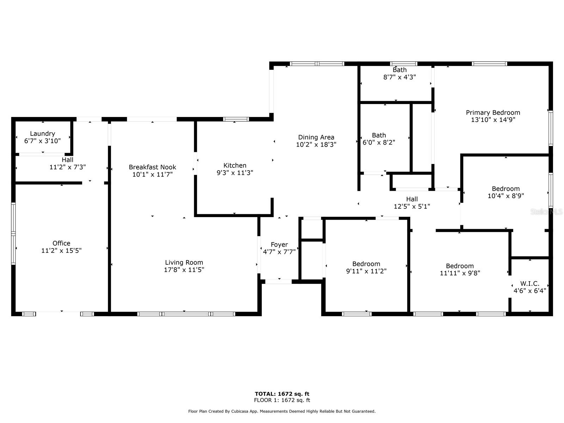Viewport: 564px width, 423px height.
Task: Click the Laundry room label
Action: pyautogui.click(x=42, y=134)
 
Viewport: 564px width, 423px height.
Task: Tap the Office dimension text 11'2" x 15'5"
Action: pyautogui.click(x=61, y=251)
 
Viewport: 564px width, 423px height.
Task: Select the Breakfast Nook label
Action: pyautogui.click(x=152, y=167)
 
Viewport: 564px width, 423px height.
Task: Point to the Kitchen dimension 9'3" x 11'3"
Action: pyautogui.click(x=235, y=173)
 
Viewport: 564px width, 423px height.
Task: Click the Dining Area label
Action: pyautogui.click(x=316, y=137)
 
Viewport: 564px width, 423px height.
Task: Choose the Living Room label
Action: pyautogui.click(x=184, y=262)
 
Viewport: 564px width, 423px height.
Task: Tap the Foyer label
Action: pyautogui.click(x=279, y=245)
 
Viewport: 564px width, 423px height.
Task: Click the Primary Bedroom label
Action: pyautogui.click(x=493, y=112)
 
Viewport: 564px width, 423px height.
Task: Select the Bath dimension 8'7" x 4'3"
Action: pyautogui.click(x=399, y=77)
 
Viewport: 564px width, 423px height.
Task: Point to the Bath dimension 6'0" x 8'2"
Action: pyautogui.click(x=379, y=142)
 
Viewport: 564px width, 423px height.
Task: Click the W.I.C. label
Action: pyautogui.click(x=529, y=284)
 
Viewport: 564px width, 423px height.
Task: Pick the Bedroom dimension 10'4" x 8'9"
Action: pyautogui.click(x=505, y=196)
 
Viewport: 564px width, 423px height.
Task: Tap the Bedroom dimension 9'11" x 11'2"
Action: pyautogui.click(x=366, y=271)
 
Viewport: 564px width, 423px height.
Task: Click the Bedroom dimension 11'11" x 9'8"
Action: pyautogui.click(x=460, y=273)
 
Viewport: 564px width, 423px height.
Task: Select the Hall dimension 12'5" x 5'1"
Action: pyautogui.click(x=412, y=207)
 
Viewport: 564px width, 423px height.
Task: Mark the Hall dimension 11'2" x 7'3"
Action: pyautogui.click(x=67, y=167)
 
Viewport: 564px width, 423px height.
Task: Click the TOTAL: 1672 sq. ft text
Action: pyautogui.click(x=282, y=394)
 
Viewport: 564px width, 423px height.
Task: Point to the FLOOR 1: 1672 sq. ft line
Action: pyautogui.click(x=282, y=400)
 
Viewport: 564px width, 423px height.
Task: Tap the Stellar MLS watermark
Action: pyautogui.click(x=546, y=211)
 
